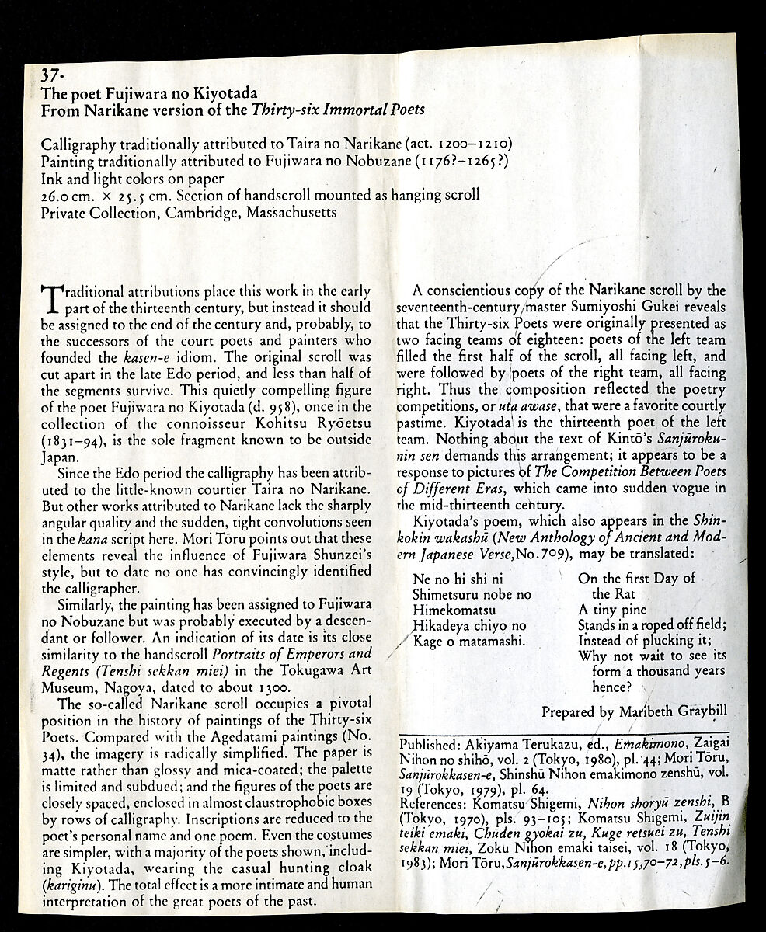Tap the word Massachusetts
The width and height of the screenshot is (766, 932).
click(x=291, y=211)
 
